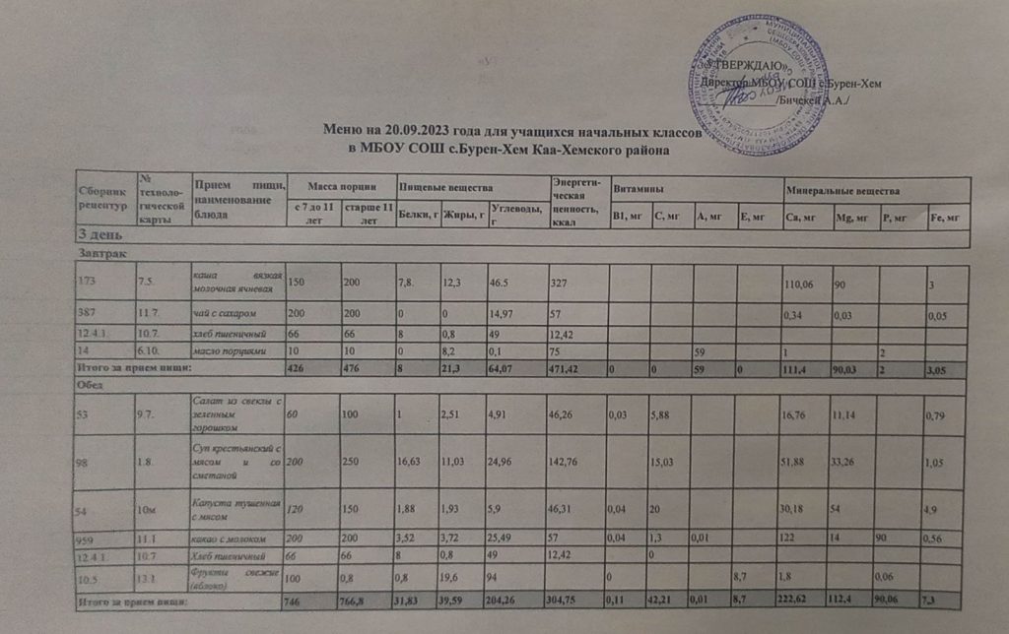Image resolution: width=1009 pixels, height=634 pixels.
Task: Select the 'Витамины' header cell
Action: point(637,188)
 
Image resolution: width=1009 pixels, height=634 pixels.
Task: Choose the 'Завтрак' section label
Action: point(98,254)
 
